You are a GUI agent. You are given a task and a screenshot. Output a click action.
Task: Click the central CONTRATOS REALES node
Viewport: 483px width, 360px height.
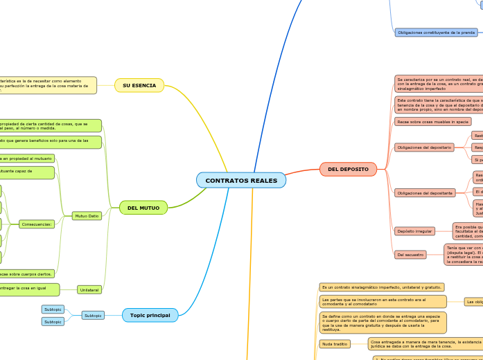241,181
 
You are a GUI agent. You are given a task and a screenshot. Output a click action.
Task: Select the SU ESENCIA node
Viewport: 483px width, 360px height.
139,85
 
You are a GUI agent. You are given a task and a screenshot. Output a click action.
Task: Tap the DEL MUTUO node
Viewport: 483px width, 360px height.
143,208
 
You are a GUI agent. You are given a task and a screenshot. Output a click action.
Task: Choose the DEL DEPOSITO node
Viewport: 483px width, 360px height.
348,169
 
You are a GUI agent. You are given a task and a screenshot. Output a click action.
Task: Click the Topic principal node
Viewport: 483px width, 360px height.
150,315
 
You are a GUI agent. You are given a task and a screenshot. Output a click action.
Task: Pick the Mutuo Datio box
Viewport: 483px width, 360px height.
87,216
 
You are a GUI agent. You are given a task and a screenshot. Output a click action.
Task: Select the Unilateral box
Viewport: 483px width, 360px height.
89,289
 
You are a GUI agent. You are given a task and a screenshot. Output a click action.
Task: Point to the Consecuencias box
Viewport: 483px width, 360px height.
37,224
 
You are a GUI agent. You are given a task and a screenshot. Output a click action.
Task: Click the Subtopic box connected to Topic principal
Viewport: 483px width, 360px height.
93,315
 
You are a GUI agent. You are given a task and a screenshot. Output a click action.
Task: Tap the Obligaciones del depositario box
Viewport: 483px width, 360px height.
424,147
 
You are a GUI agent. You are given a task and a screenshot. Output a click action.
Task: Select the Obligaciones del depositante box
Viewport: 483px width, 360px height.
424,192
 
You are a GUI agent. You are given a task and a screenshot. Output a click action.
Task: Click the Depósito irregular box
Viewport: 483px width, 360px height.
414,231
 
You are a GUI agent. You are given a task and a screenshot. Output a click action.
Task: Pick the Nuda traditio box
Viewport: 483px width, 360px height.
335,343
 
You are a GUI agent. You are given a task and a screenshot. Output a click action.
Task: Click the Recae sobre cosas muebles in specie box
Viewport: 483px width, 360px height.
432,121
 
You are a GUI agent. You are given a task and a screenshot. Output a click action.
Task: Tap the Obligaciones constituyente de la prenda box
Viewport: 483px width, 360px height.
436,33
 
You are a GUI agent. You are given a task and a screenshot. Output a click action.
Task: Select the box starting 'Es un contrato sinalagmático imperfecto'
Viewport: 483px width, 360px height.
381,287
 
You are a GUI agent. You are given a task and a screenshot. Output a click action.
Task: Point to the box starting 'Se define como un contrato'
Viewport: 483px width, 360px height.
383,323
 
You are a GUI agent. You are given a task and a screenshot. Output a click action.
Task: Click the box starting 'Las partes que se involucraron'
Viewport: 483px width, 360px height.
383,301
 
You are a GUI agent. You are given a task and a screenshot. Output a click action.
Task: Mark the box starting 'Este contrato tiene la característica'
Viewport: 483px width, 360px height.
438,105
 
